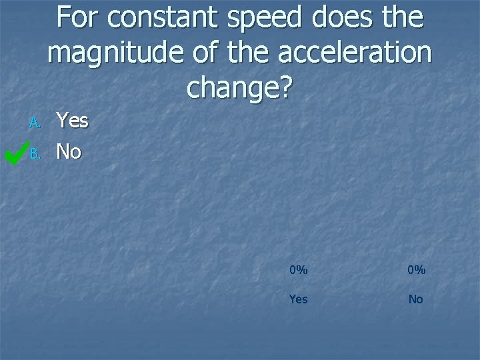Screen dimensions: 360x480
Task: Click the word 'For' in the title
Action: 78,18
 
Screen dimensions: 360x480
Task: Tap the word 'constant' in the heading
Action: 161,18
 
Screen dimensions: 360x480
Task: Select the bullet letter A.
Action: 35,123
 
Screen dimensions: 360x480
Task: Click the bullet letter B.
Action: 35,154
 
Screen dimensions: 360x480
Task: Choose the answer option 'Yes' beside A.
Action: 72,121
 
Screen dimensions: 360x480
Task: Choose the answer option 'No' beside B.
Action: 69,152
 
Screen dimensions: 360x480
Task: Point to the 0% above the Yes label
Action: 299,270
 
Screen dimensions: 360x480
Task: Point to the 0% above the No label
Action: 415,270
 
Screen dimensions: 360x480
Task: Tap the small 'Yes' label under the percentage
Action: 299,299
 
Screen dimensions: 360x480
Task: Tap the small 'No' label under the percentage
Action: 415,299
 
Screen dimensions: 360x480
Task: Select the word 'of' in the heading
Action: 195,53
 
